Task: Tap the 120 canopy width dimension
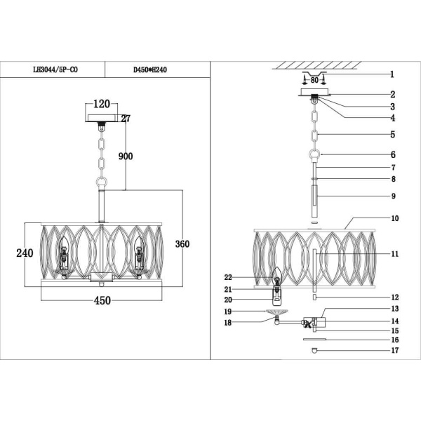pos(102,105)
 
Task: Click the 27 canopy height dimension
pos(126,119)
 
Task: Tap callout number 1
pos(392,74)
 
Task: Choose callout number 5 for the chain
pos(393,134)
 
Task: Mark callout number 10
pos(394,218)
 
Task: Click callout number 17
pos(394,349)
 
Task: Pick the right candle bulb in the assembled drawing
pos(139,253)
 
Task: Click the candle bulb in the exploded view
pos(277,279)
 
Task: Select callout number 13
pos(394,309)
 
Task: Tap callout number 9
pos(394,196)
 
